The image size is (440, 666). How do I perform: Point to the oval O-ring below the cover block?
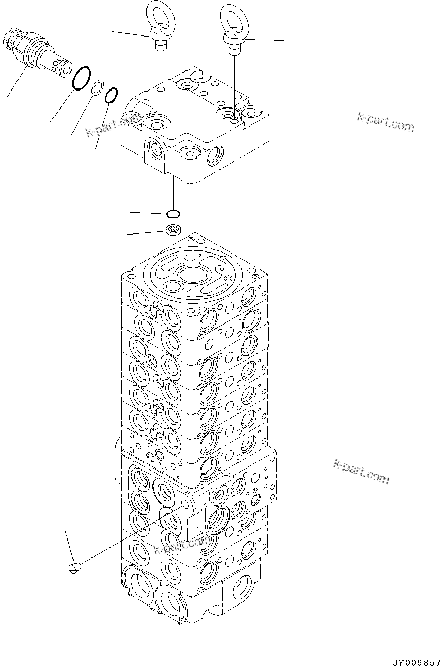pos(173,213)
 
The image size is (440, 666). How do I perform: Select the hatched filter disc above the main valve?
pos(173,229)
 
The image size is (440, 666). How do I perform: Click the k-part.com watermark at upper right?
pos(386,122)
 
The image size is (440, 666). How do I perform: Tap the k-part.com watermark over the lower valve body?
pos(181,547)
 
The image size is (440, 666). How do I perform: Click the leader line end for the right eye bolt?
pos(283,40)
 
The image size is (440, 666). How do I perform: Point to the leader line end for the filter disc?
pos(125,235)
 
